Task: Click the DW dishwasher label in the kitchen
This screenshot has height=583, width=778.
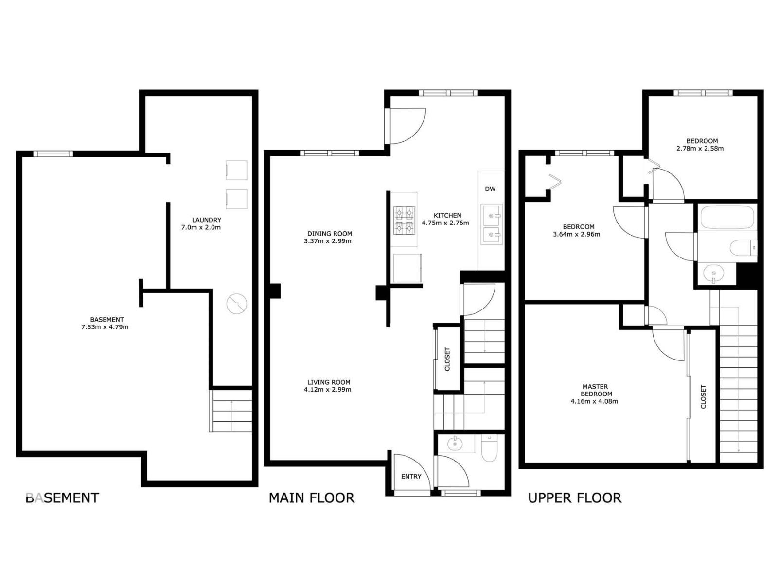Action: tap(490, 189)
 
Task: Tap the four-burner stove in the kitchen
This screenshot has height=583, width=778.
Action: tap(405, 220)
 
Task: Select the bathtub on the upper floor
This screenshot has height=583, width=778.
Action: tap(727, 217)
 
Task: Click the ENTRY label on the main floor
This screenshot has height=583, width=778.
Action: tap(411, 476)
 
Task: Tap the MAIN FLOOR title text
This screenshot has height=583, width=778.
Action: tap(312, 498)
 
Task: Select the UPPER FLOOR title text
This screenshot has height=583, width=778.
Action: tap(575, 498)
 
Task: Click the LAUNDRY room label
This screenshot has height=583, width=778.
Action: tap(206, 220)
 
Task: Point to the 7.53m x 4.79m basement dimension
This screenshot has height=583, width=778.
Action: tap(105, 327)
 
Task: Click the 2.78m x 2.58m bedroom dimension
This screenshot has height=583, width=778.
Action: tap(700, 148)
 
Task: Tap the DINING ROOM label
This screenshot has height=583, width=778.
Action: tap(329, 233)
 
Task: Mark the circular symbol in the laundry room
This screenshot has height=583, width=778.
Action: tap(237, 304)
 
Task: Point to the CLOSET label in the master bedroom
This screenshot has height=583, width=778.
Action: tap(703, 396)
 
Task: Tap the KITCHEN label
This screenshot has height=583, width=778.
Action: tap(447, 215)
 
